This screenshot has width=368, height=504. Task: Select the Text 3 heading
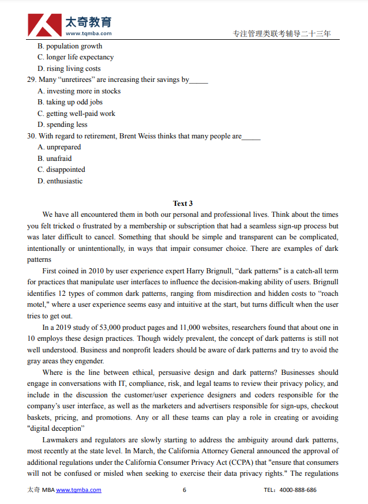pyautogui.click(x=183, y=203)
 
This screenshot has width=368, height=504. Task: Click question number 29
pyautogui.click(x=32, y=80)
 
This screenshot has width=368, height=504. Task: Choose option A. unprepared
pyautogui.click(x=59, y=147)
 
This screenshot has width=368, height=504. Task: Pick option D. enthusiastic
pyautogui.click(x=60, y=181)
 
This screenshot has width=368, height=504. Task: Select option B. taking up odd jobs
pyautogui.click(x=70, y=102)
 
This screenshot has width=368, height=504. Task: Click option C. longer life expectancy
pyautogui.click(x=76, y=57)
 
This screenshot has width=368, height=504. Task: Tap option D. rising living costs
pyautogui.click(x=69, y=69)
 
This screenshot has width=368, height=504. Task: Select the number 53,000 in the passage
pyautogui.click(x=112, y=328)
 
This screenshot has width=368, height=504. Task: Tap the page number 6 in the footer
pyautogui.click(x=184, y=490)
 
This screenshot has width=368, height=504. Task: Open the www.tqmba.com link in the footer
pyautogui.click(x=78, y=490)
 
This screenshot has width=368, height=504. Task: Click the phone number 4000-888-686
pyautogui.click(x=298, y=490)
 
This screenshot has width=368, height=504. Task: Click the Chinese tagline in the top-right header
pyautogui.click(x=281, y=34)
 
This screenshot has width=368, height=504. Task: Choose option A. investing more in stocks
pyautogui.click(x=79, y=91)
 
